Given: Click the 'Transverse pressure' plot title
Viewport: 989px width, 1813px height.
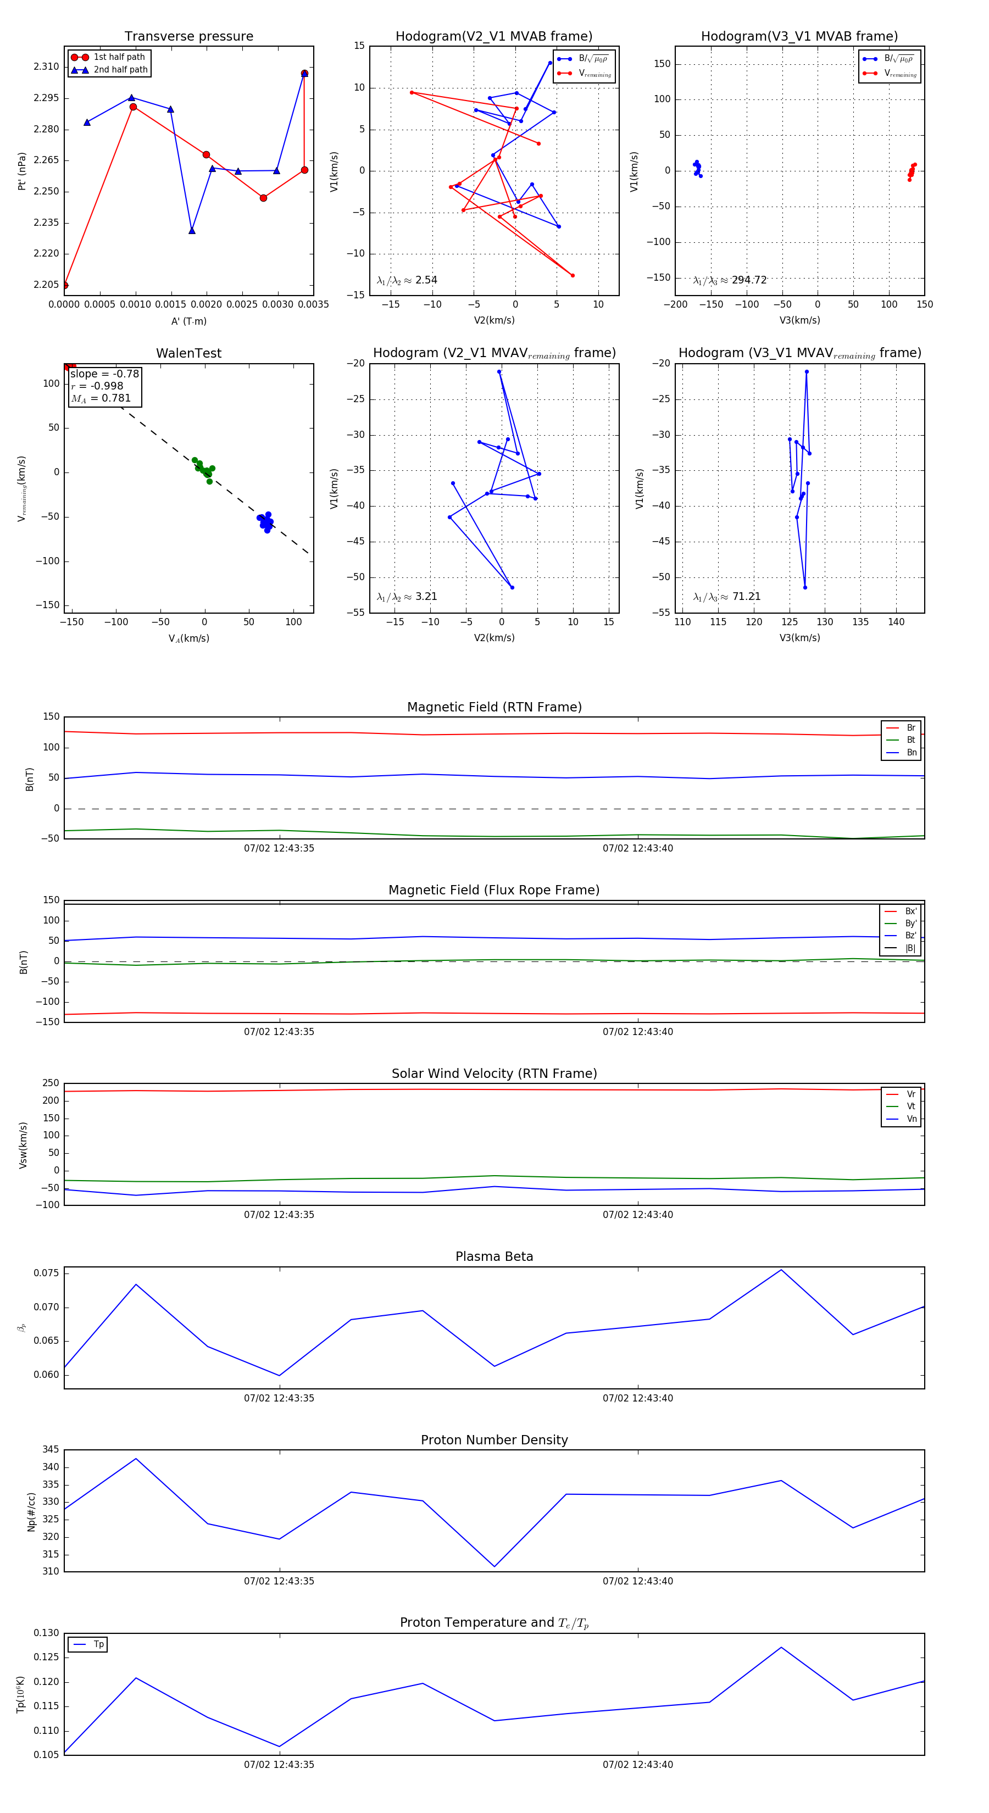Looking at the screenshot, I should (x=188, y=37).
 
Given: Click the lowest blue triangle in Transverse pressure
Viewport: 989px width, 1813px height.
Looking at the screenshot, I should (x=191, y=231).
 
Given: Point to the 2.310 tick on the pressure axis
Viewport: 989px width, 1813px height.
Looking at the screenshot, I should (x=47, y=67).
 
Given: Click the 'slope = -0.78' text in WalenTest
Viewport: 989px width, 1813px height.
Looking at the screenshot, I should (x=105, y=374).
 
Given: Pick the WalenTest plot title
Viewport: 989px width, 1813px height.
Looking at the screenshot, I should (x=188, y=353).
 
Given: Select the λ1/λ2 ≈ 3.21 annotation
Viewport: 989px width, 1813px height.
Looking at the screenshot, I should (x=407, y=597).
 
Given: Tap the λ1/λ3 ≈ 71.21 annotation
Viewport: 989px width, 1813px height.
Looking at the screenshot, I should (x=727, y=597).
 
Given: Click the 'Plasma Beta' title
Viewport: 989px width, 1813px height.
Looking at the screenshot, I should (x=494, y=1256).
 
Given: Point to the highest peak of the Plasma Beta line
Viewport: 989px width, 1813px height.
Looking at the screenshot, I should (x=781, y=1270).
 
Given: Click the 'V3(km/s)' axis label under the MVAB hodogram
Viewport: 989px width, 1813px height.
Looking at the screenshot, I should (x=799, y=320).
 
